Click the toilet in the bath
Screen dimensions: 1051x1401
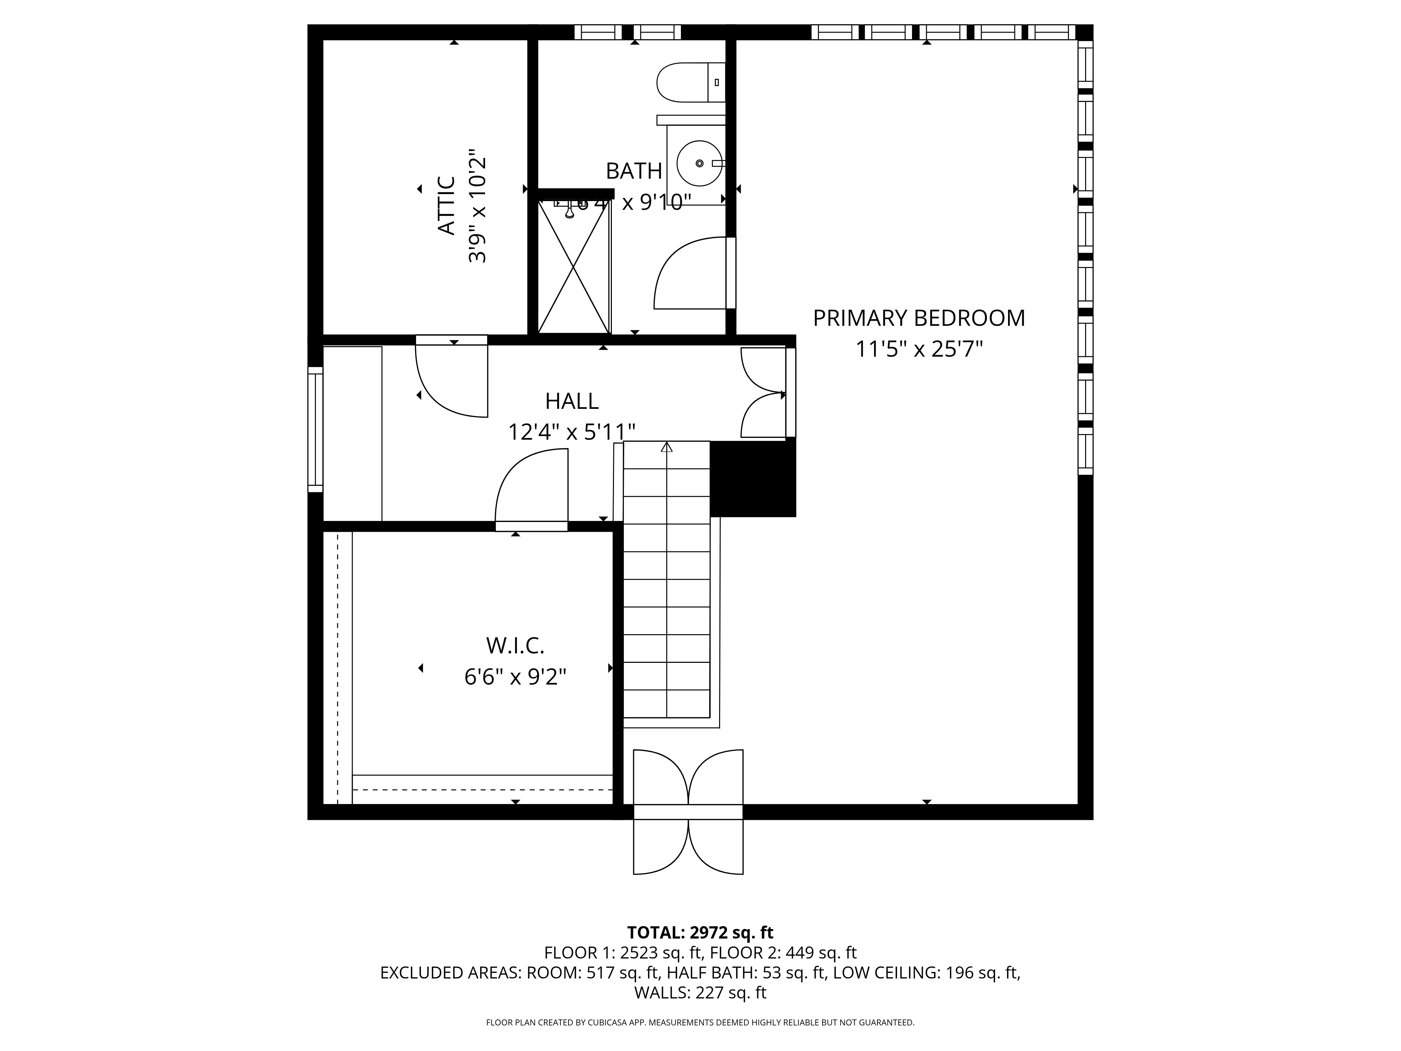point(689,82)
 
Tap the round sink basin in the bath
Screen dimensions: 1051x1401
point(699,164)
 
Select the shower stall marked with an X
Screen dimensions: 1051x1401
point(574,266)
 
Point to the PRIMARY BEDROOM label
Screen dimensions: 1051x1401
point(918,318)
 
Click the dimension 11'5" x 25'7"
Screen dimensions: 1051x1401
point(918,349)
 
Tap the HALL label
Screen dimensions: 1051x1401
point(571,401)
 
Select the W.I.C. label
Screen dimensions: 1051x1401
point(515,646)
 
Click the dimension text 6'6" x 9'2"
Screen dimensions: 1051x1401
point(515,677)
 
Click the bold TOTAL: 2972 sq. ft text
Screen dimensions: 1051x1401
point(700,933)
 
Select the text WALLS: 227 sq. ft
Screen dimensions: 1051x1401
point(700,993)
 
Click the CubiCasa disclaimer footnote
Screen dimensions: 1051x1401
point(700,1023)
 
